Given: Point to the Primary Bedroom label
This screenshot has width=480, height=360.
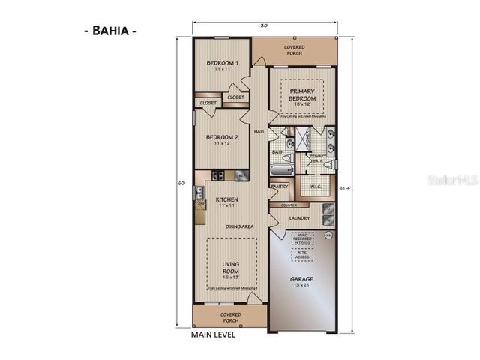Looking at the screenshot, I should point(303,94).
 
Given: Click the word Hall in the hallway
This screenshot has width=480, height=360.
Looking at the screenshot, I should point(260,132).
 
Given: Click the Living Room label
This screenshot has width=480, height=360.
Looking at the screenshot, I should point(230,268).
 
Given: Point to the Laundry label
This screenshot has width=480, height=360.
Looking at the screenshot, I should point(300,218).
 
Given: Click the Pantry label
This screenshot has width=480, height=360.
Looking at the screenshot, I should point(279,187).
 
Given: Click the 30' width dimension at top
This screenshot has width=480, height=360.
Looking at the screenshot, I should point(264,24).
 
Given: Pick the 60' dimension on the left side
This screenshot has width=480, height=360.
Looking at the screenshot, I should point(180,183).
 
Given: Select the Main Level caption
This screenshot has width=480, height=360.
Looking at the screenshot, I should point(214,335).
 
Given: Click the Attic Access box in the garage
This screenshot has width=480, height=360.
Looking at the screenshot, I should point(303,256).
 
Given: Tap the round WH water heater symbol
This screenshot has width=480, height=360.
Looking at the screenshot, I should point(328,235).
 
